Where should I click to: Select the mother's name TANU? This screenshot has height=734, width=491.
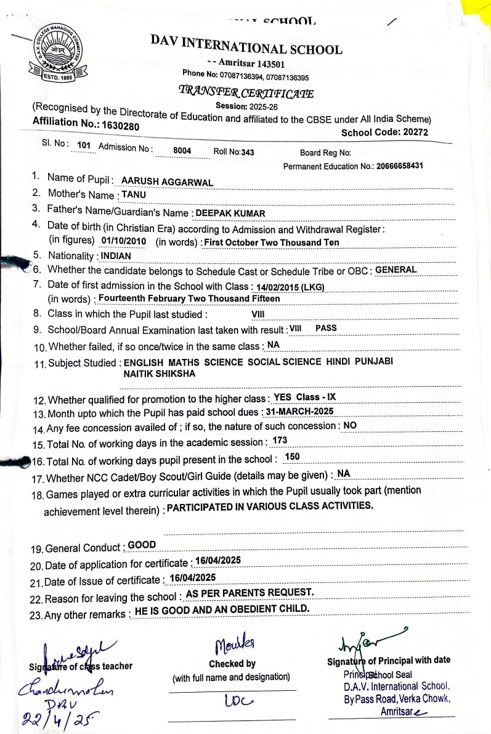[x=134, y=194]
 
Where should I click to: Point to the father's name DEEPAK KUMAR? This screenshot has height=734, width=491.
[x=230, y=213]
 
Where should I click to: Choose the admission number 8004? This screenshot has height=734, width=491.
[x=182, y=151]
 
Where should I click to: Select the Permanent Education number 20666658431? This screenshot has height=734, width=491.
[x=391, y=166]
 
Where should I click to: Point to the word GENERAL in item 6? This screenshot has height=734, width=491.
[x=396, y=270]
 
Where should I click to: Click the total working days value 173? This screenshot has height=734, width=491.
[x=280, y=440]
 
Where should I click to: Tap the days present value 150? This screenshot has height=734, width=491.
[x=292, y=456]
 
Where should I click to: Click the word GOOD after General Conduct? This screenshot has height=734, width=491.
[x=142, y=545]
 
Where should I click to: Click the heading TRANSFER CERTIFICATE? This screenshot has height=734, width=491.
[x=246, y=93]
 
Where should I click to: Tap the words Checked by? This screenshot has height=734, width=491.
[x=232, y=664]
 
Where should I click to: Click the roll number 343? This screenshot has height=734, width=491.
[x=247, y=152]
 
